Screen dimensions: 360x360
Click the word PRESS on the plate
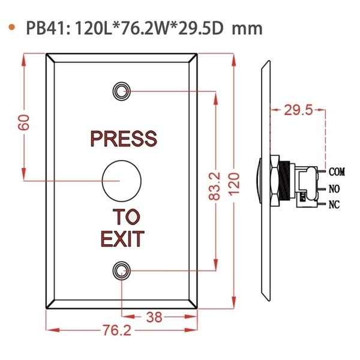coord(124,139)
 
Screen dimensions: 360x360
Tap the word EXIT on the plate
coord(122,239)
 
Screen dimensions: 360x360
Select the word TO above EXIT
coord(126,217)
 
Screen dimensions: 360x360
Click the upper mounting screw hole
coord(121,91)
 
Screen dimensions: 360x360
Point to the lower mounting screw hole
coord(121,271)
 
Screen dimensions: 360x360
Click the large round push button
coord(121,181)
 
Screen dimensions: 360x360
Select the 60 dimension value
coord(24,122)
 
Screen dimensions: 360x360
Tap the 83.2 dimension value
coord(215,187)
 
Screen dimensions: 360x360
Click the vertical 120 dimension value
coord(234,184)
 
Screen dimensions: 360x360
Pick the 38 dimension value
coord(154,317)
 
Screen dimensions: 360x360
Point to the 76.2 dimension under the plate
coord(117,330)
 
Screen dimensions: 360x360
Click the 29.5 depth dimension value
coord(298,110)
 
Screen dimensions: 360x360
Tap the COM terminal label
coord(337,172)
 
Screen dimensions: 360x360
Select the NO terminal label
coord(334,189)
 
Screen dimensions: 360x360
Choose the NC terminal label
coord(334,205)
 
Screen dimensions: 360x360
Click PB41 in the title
coord(46,28)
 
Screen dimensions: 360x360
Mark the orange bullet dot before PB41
coord(11,27)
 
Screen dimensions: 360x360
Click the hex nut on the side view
coord(275,181)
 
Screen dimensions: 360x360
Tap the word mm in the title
coord(247,29)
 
